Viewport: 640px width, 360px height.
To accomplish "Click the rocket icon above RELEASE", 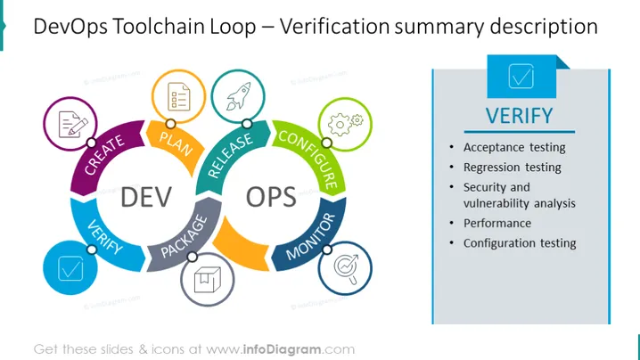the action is [x=238, y=96].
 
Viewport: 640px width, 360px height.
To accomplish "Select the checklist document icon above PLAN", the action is [x=179, y=97].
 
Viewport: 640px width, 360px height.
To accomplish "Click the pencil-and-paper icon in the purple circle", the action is [x=73, y=124].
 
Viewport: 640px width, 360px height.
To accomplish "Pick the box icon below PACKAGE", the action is [x=208, y=280].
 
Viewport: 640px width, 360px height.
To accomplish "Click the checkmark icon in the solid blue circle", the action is [x=70, y=268].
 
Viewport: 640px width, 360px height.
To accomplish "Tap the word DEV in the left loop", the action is [x=146, y=197].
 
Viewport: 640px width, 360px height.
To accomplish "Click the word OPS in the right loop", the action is [x=271, y=197].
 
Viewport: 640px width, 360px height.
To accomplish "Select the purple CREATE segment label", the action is [x=104, y=154].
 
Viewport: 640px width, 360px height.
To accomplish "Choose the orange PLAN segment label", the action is [x=176, y=143].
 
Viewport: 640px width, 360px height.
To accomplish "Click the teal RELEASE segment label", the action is [x=230, y=156].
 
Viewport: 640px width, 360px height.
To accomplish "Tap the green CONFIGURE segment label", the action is [x=309, y=160].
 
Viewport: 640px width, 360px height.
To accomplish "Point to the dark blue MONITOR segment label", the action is [x=310, y=236].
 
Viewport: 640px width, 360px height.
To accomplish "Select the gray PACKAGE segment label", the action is [x=185, y=237].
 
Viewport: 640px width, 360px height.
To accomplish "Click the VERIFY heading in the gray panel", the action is [x=519, y=116].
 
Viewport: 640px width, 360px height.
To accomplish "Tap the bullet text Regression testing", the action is [x=513, y=168].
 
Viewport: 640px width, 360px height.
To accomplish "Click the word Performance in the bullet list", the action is [x=497, y=224].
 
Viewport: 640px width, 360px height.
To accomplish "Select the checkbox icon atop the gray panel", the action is [x=521, y=77].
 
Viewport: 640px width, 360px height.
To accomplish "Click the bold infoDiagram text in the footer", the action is [x=282, y=349].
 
